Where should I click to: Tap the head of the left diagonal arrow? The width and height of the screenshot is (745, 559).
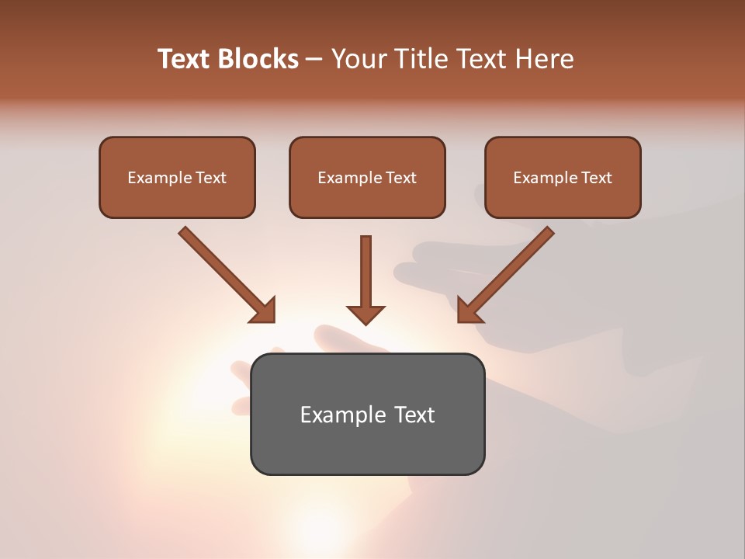point(264,311)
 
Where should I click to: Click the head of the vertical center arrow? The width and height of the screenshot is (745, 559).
point(366,314)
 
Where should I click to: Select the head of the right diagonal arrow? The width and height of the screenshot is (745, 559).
point(469,311)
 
